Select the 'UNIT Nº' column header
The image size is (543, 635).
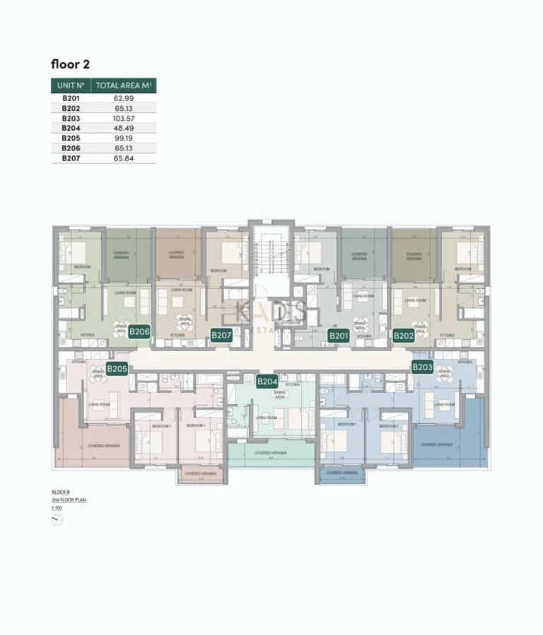coord(71,85)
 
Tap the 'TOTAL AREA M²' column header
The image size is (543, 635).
coord(124,85)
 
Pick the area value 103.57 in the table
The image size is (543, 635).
coord(124,118)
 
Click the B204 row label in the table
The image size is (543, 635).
coord(71,128)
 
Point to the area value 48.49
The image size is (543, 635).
coord(124,128)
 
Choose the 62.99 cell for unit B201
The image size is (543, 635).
coord(124,98)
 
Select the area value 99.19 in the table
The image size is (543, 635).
coord(124,138)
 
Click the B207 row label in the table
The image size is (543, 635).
coord(71,159)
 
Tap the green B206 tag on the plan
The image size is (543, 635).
coord(140,331)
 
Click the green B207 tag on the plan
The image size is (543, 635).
coord(221,336)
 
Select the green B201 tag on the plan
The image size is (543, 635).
coord(339,336)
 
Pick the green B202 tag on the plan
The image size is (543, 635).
coord(404,336)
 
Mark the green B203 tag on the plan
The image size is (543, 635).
coord(422,367)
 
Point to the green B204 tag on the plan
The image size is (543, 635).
coord(267,381)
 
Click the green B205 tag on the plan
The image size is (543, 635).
coord(117,368)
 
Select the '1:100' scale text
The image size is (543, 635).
coord(57,508)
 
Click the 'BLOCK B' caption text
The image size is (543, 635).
coord(61,492)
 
